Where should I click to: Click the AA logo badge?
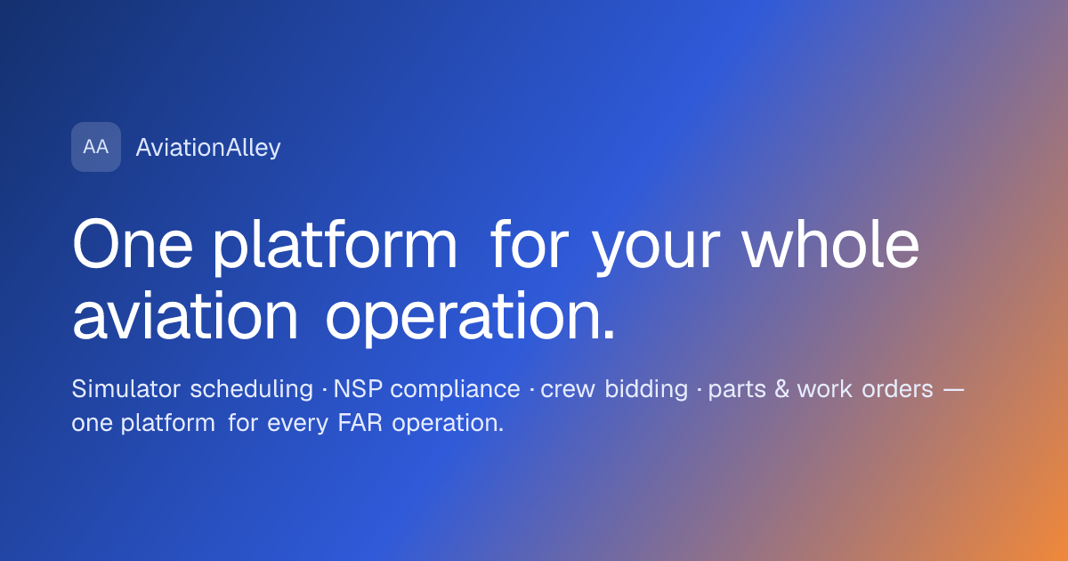click(96, 147)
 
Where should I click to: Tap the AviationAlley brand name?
click(208, 148)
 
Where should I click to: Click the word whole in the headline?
click(830, 245)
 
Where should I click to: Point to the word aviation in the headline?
click(185, 316)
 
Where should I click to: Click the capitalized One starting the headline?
click(133, 245)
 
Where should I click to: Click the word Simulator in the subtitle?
click(125, 388)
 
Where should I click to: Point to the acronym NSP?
click(358, 389)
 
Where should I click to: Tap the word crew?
click(568, 391)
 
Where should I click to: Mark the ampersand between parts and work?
click(782, 389)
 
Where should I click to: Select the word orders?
click(897, 388)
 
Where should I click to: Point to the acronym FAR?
click(360, 423)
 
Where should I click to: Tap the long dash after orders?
click(954, 390)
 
